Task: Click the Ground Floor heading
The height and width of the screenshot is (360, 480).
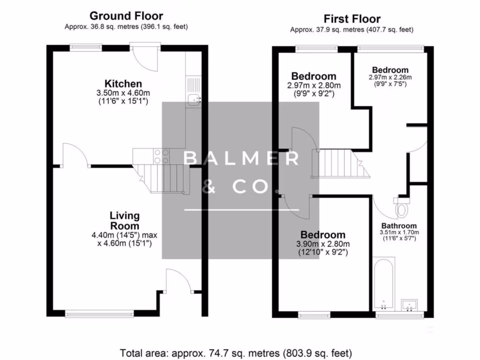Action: pos(126,15)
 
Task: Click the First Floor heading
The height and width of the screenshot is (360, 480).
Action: pos(352,19)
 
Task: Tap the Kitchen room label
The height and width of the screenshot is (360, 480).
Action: pos(123,83)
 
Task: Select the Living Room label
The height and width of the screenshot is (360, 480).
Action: pos(125,221)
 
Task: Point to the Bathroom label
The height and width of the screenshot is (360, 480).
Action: pos(399,226)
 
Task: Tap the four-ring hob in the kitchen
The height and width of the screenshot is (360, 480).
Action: pos(161,156)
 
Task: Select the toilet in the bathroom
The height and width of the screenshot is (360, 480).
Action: pos(401,207)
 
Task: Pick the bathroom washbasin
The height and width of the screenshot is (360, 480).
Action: pos(409,305)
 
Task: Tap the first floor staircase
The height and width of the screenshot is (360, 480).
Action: pos(341,164)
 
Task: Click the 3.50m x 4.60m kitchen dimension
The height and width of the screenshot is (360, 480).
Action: pos(123,93)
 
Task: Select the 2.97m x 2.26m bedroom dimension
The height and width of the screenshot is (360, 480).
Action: pos(390,77)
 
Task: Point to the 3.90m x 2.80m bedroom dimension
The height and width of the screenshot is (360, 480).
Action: pos(323,244)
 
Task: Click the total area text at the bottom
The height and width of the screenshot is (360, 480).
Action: pos(236,353)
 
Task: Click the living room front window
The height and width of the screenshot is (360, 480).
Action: pos(99,314)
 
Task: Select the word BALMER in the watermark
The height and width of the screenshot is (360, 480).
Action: pos(241,158)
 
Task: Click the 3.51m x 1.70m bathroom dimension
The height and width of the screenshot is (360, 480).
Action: pos(399,232)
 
